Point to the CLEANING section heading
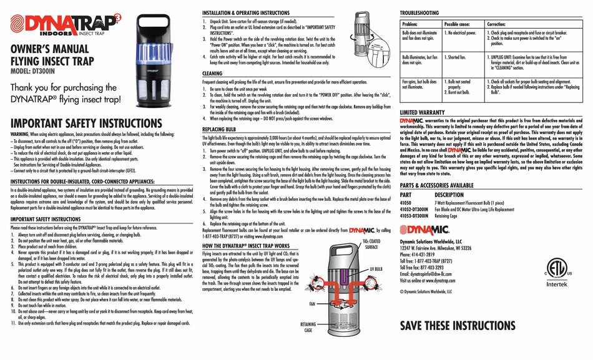click(213, 72)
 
